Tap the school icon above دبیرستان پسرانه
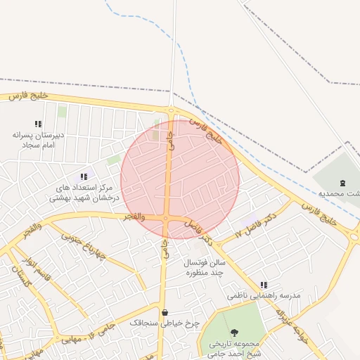pos(38,124)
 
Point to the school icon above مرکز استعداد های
pos(84,176)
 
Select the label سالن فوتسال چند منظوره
pos(204,266)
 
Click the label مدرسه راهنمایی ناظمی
pos(264,296)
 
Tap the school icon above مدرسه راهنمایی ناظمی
pos(264,285)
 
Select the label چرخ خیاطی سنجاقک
pos(165,323)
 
